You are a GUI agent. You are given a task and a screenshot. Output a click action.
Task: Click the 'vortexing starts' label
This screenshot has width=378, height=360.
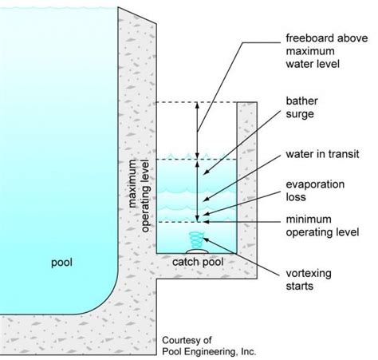pos(312,275)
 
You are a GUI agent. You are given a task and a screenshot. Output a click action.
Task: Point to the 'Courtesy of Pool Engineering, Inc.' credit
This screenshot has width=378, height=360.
pos(208,344)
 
